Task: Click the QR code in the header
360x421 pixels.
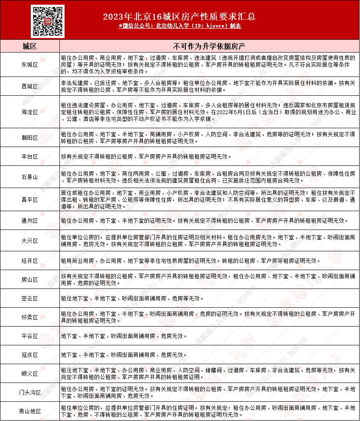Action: pyautogui.click(x=47, y=21)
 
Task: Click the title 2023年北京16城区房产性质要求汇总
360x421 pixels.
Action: pyautogui.click(x=180, y=17)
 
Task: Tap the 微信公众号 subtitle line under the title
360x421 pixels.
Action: pyautogui.click(x=180, y=26)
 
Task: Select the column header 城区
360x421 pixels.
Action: pyautogui.click(x=30, y=46)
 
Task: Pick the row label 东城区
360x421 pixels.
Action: pyautogui.click(x=30, y=65)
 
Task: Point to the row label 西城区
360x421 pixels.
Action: pyautogui.click(x=30, y=86)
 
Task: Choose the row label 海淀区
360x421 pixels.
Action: pyautogui.click(x=30, y=112)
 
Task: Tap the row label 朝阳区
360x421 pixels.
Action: pyautogui.click(x=30, y=138)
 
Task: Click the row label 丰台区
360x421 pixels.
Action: pyautogui.click(x=30, y=156)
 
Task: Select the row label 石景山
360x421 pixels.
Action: pyautogui.click(x=30, y=177)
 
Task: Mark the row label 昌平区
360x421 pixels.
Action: pyautogui.click(x=30, y=200)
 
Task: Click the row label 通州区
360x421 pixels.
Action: pyautogui.click(x=30, y=221)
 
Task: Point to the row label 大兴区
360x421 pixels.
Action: pyautogui.click(x=30, y=241)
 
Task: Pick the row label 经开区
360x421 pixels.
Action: pyautogui.click(x=30, y=261)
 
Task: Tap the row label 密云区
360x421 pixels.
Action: pyautogui.click(x=30, y=298)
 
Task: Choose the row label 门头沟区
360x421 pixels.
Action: pyautogui.click(x=30, y=392)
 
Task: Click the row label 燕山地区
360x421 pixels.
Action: pyautogui.click(x=30, y=411)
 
